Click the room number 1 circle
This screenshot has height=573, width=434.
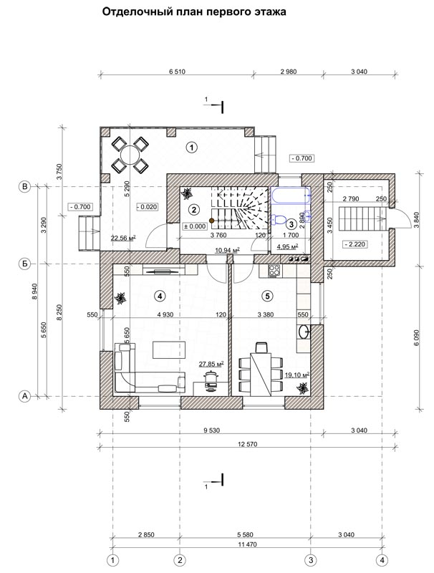coord(191,148)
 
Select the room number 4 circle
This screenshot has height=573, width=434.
coord(158,296)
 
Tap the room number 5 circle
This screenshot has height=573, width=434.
coord(268,296)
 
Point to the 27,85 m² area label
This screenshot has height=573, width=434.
coord(211,364)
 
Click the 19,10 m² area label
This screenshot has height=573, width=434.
coord(297,375)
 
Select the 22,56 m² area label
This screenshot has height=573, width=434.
coord(123,239)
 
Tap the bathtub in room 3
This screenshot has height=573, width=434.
coord(290,196)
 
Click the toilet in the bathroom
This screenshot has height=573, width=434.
coord(279,219)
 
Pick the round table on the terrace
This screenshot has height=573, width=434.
coord(130,155)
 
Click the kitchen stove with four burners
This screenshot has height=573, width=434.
coord(274,270)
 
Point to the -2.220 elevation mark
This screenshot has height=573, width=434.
coord(355,244)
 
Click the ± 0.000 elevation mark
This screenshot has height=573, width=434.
coord(195,226)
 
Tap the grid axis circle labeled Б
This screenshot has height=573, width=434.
coord(25,264)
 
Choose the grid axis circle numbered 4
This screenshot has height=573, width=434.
coord(382,560)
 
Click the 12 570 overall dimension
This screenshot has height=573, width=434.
coord(247,444)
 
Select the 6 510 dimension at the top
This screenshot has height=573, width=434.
coord(177,72)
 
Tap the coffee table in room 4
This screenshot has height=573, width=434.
coord(170,350)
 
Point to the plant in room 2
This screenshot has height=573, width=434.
coord(188,193)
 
